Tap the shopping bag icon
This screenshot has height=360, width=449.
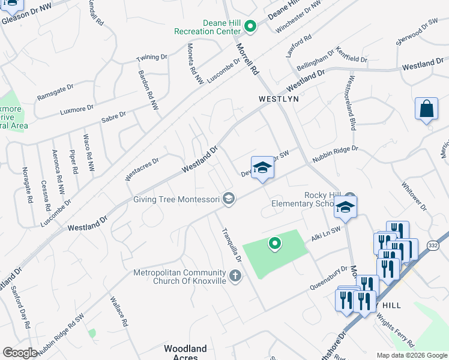tap(426, 109)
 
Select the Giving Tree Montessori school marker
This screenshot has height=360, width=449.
tap(228, 199)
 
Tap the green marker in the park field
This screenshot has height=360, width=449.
tap(275, 244)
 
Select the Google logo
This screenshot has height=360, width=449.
tap(20, 352)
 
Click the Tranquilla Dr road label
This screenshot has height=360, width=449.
tap(230, 247)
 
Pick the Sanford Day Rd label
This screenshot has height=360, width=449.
tap(21, 307)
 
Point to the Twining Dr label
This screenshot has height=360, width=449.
tap(151, 57)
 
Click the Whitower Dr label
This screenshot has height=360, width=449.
tap(414, 197)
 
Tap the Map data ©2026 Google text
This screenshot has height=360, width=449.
tap(412, 355)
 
